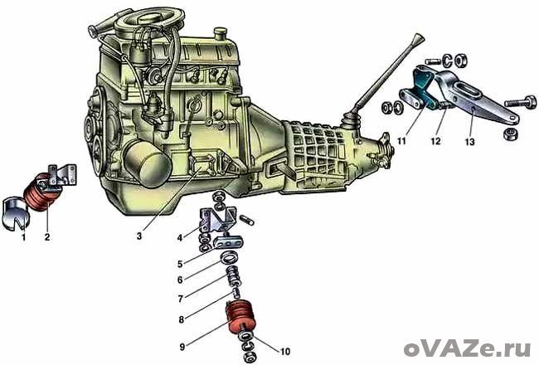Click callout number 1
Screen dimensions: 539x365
point(24,236)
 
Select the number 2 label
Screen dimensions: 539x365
point(47,236)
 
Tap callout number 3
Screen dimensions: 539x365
point(139,236)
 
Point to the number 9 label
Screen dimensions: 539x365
point(182,347)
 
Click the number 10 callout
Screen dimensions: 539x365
point(285,352)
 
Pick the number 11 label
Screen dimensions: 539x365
point(401,141)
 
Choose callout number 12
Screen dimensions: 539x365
point(435,141)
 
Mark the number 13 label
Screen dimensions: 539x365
point(469,141)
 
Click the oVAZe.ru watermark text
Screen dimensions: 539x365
point(467,349)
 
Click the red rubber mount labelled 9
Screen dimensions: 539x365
point(241,318)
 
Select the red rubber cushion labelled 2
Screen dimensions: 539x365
point(41,192)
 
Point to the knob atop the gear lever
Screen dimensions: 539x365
point(420,37)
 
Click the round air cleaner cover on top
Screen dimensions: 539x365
point(148,18)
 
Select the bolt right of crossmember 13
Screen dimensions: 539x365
point(521,103)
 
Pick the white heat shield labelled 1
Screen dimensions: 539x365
point(15,213)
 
